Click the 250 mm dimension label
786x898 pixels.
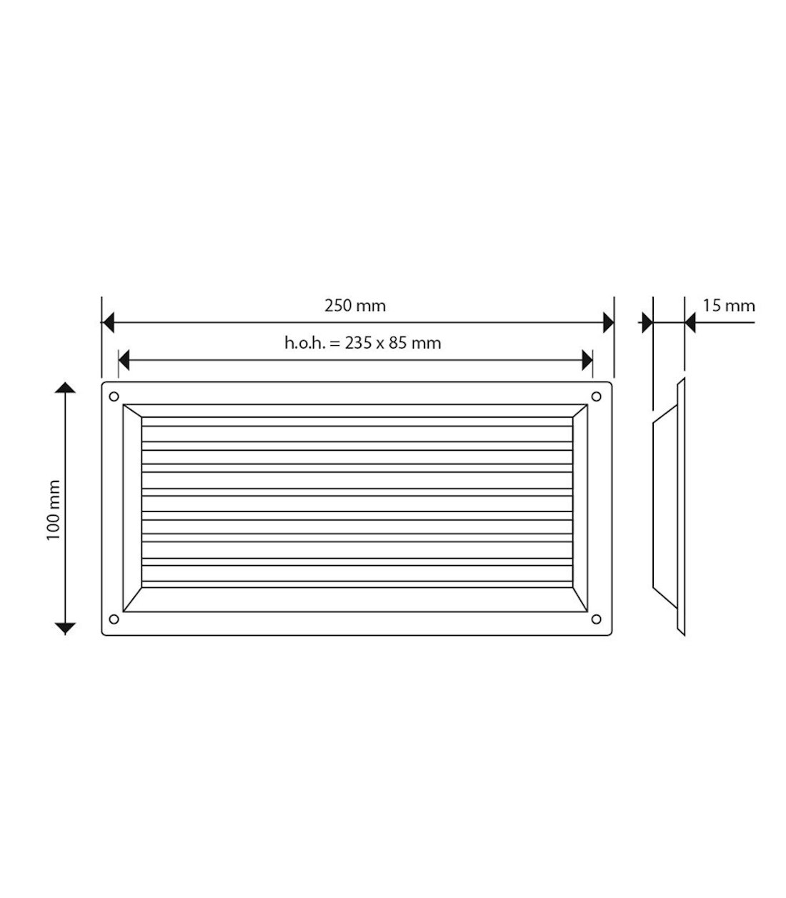pyautogui.click(x=354, y=306)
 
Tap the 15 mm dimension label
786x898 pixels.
pyautogui.click(x=729, y=306)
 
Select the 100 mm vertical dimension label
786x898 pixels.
pyautogui.click(x=54, y=510)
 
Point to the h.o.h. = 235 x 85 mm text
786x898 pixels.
pyautogui.click(x=362, y=343)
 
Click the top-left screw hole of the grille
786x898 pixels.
pyautogui.click(x=114, y=396)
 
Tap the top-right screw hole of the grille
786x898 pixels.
pyautogui.click(x=596, y=396)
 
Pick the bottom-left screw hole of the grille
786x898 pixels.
pyautogui.click(x=114, y=619)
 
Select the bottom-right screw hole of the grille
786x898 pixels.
pyautogui.click(x=596, y=619)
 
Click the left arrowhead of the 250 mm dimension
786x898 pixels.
pyautogui.click(x=108, y=323)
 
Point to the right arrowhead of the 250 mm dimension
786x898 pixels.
pyautogui.click(x=608, y=323)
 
